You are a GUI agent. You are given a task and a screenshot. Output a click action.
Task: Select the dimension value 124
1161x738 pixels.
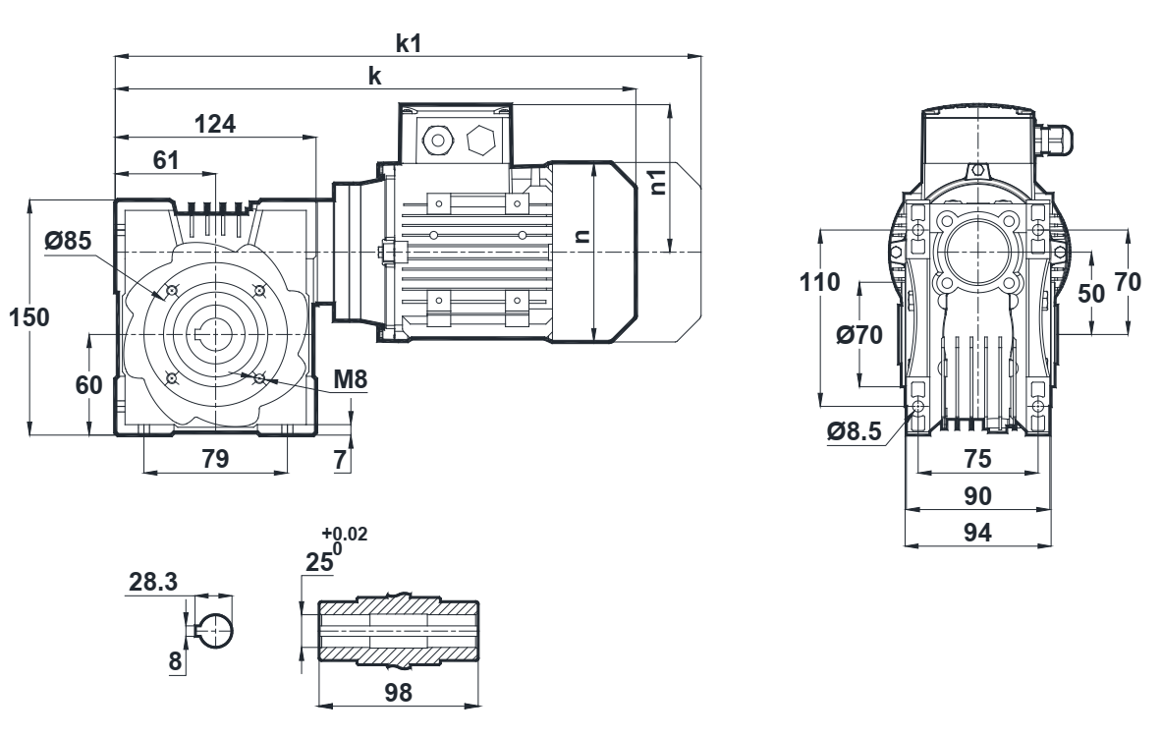pos(215,124)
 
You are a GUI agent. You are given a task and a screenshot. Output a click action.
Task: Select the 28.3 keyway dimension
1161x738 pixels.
pos(153,582)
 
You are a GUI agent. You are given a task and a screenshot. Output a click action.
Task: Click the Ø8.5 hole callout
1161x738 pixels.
pos(852,430)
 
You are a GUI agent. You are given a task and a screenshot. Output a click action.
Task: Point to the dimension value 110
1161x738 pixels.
pos(820,283)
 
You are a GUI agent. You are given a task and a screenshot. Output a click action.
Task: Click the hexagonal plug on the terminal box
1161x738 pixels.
pos(481,141)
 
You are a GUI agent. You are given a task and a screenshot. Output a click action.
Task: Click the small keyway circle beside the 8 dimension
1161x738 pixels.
pos(215,626)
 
